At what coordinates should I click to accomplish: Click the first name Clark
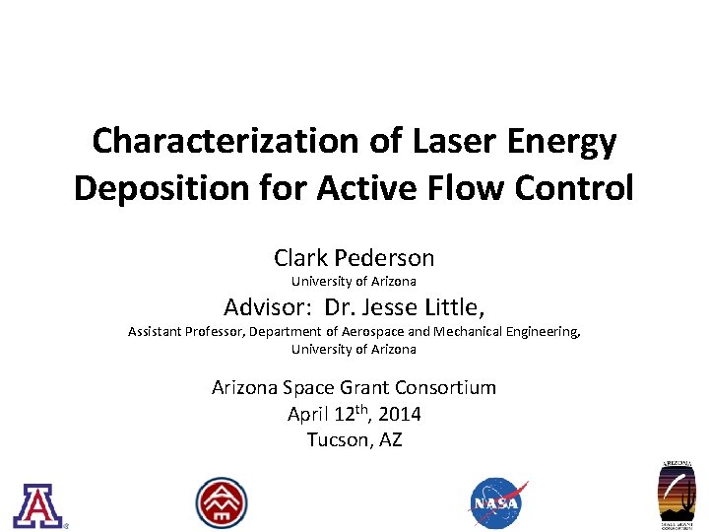[301, 258]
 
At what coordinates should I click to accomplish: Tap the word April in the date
[308, 414]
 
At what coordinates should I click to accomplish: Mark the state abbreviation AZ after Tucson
[390, 439]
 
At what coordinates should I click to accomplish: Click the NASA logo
[497, 502]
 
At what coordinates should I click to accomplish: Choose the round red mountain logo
[222, 502]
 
